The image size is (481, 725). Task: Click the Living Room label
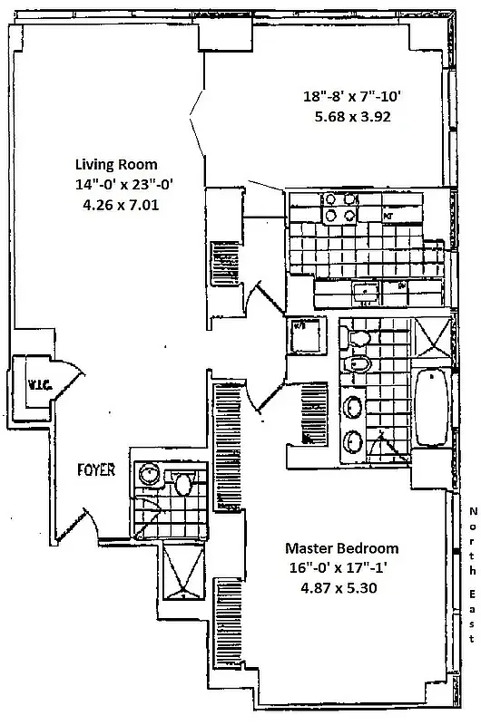[x=115, y=164]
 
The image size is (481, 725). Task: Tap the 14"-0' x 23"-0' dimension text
[x=123, y=185]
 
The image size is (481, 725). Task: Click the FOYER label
[x=95, y=469]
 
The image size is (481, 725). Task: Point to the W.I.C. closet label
[x=37, y=385]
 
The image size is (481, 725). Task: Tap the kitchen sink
[x=366, y=291]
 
